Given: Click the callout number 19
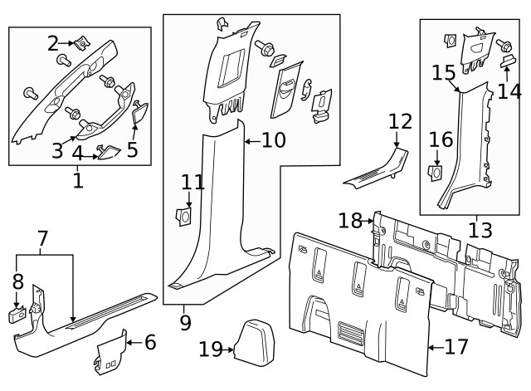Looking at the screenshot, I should coord(211,349).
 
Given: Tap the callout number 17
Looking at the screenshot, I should coord(456,346).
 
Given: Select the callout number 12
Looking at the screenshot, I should coord(400,122).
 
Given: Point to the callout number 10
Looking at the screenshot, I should coord(273,140).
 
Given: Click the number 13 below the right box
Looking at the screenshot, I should coord(480,230).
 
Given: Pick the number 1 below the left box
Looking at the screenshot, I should coord(78,180).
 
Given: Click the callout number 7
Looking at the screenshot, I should coord(42,241).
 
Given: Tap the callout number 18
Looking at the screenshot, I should coord(350,220).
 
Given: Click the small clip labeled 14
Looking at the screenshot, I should coord(506,60).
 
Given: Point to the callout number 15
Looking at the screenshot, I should coord(443,73).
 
